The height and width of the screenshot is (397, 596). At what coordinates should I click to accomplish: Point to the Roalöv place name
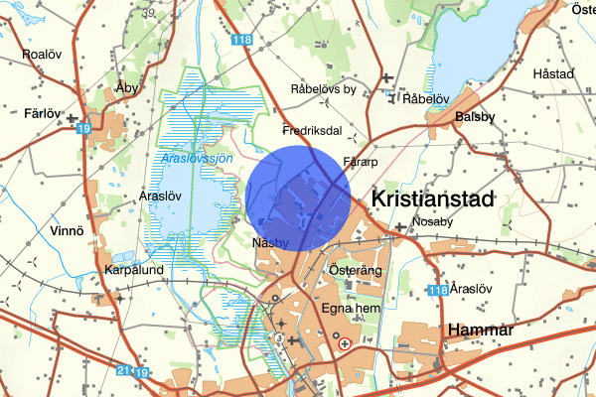point(43,54)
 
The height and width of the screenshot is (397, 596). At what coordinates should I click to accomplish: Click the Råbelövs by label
point(323,89)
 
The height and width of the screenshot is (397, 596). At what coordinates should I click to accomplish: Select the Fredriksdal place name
point(312,130)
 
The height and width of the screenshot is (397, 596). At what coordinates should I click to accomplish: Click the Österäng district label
point(356,270)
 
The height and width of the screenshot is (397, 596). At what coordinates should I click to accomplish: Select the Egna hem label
point(350,309)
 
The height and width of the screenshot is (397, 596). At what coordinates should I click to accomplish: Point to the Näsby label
point(270,243)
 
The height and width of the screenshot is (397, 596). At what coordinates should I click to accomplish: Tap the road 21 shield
point(124,370)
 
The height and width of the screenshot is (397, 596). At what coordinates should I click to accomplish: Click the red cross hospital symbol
point(345,343)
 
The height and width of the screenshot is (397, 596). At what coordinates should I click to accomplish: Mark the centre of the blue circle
point(298,196)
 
